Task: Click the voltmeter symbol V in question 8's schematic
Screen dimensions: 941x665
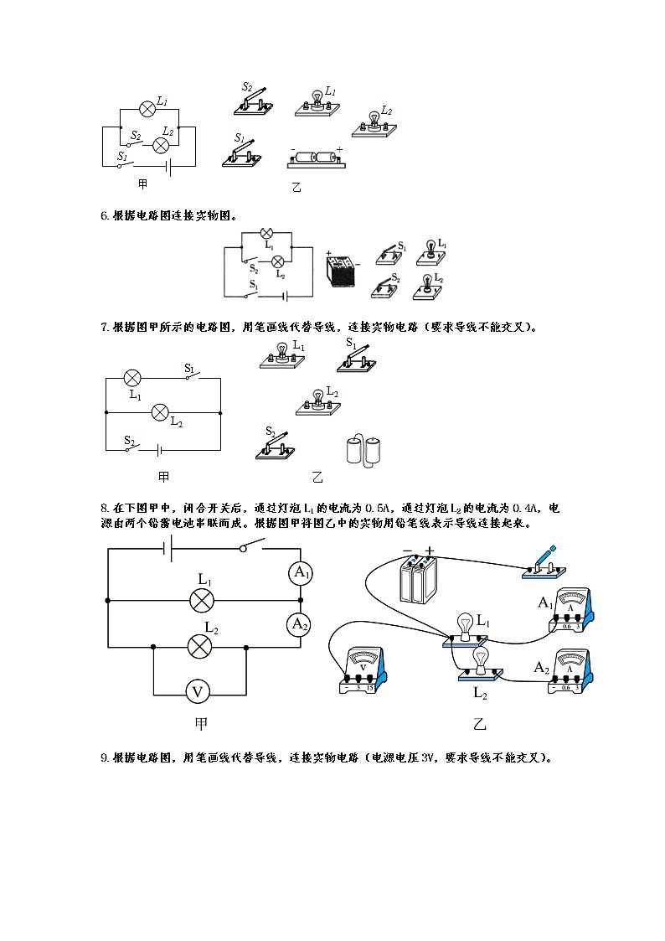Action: (x=198, y=692)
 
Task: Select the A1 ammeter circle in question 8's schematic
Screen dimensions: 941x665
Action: (x=300, y=574)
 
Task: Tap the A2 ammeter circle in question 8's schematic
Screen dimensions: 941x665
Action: (x=300, y=623)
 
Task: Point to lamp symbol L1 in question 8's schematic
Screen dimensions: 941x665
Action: (x=201, y=600)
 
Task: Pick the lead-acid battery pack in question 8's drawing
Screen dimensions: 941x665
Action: (x=419, y=580)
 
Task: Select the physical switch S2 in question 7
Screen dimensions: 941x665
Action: (x=276, y=445)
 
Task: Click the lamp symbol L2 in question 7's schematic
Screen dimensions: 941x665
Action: (x=161, y=412)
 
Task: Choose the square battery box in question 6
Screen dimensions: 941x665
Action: (x=342, y=271)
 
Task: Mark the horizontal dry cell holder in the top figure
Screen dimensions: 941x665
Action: (x=317, y=158)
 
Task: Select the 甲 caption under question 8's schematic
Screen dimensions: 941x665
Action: (x=200, y=723)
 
